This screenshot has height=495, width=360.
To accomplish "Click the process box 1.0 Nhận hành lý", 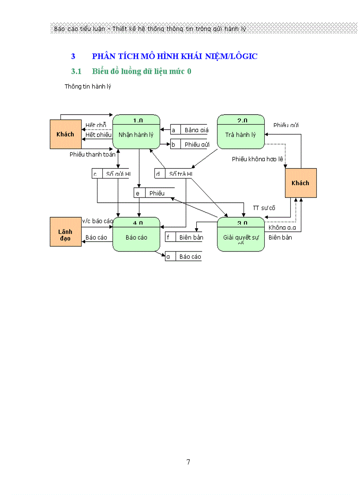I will [136, 134].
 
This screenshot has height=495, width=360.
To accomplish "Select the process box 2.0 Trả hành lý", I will [241, 134].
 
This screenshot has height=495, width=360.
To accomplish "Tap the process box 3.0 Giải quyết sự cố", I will [241, 237].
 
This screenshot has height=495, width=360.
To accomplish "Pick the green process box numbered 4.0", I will [136, 237].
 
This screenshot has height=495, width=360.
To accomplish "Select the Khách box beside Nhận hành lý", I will [65, 134].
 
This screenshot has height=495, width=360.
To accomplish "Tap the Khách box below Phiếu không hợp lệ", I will [300, 182].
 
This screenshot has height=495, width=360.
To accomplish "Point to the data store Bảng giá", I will [189, 130].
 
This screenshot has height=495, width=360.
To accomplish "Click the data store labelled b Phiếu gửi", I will [189, 144].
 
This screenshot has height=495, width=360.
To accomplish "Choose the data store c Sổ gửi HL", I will [111, 174].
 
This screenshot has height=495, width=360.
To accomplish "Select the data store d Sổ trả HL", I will [174, 174].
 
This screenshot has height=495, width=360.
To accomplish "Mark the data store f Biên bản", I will [184, 238].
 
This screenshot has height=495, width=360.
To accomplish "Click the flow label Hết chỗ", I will [96, 126].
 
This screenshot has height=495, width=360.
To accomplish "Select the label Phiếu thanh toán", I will [93, 154].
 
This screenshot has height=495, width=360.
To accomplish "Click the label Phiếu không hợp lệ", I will [257, 159].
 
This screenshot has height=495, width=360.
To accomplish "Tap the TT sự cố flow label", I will [264, 208].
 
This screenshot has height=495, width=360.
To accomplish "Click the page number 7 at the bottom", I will [188, 462].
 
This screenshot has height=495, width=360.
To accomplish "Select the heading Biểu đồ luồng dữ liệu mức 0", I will [141, 71].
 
